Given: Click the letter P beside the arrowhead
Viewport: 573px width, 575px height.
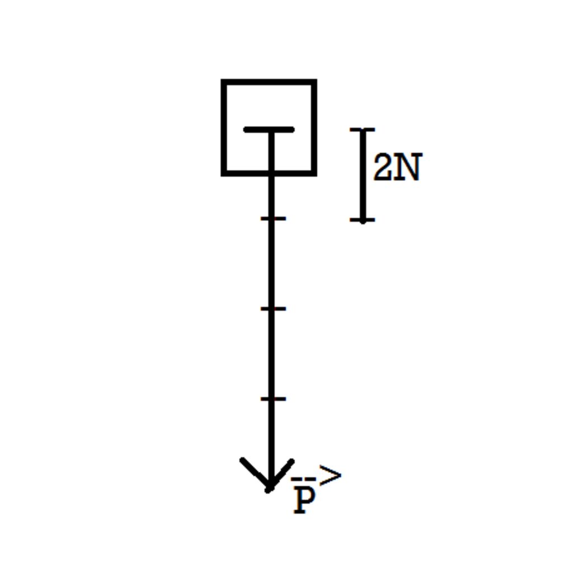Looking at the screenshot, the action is click(x=304, y=501).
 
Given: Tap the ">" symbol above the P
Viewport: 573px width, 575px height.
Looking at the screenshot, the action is click(x=330, y=475).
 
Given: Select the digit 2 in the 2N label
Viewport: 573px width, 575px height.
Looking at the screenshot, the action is click(x=382, y=167).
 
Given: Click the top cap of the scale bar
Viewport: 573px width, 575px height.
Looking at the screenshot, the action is click(x=363, y=130).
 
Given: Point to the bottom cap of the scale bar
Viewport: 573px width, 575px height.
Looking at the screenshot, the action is click(x=363, y=220).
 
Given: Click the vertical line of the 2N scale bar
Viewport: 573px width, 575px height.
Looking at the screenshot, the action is click(x=363, y=175).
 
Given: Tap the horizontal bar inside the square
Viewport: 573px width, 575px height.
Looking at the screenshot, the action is click(x=269, y=129).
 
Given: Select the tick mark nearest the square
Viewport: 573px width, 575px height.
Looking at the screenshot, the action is click(x=273, y=219).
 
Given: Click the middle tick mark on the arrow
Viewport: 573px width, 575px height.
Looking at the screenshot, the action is click(x=273, y=309).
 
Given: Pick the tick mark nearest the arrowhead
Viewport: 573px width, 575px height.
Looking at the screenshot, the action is click(x=273, y=399).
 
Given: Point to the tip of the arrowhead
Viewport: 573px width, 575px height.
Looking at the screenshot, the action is click(x=270, y=490).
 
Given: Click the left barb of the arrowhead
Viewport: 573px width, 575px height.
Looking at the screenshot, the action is click(x=255, y=474).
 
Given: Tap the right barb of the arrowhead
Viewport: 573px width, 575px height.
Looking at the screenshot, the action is click(x=281, y=474).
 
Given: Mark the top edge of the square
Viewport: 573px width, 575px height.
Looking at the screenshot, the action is click(x=269, y=82).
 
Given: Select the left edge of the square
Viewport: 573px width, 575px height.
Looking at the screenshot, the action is click(x=224, y=128).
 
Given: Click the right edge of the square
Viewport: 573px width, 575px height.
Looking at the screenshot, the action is click(x=314, y=128).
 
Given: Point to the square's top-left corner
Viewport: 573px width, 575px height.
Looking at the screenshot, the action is click(x=222, y=79).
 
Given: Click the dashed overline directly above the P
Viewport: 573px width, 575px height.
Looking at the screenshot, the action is click(x=303, y=479).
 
